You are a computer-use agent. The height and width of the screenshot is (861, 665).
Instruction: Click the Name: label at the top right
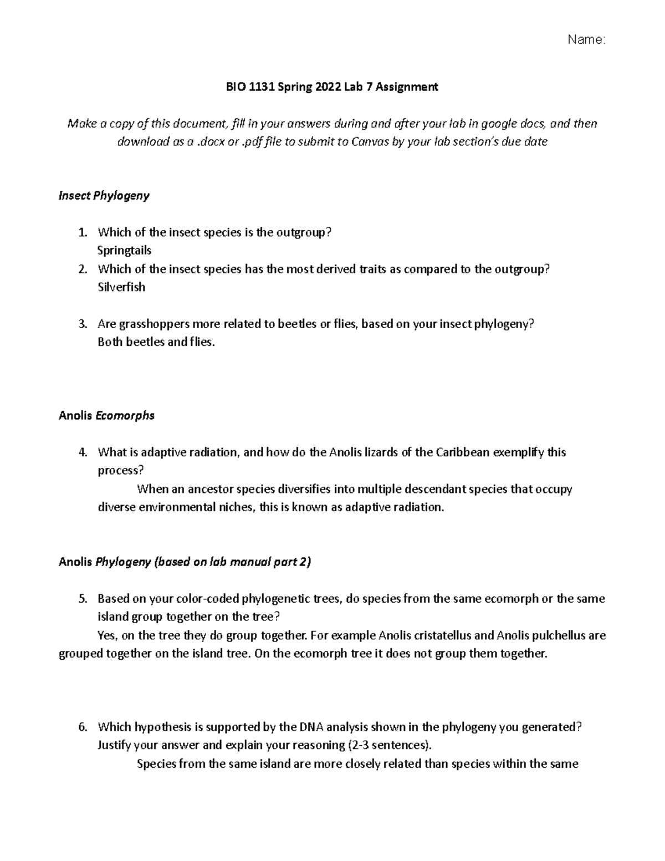click(x=586, y=39)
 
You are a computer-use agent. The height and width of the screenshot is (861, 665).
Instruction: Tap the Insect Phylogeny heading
click(x=104, y=196)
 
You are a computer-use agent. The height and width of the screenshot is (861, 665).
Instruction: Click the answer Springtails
click(x=124, y=251)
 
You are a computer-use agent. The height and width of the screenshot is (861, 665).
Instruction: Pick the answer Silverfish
click(x=121, y=287)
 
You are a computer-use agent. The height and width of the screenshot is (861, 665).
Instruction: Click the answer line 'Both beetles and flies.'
click(x=156, y=342)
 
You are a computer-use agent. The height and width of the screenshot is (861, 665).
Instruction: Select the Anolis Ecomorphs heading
click(x=106, y=415)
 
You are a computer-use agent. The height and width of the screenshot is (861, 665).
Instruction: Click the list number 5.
click(x=83, y=599)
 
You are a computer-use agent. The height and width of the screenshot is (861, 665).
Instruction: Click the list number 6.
click(x=83, y=727)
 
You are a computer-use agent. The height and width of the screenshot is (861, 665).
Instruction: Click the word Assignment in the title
click(x=407, y=86)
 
